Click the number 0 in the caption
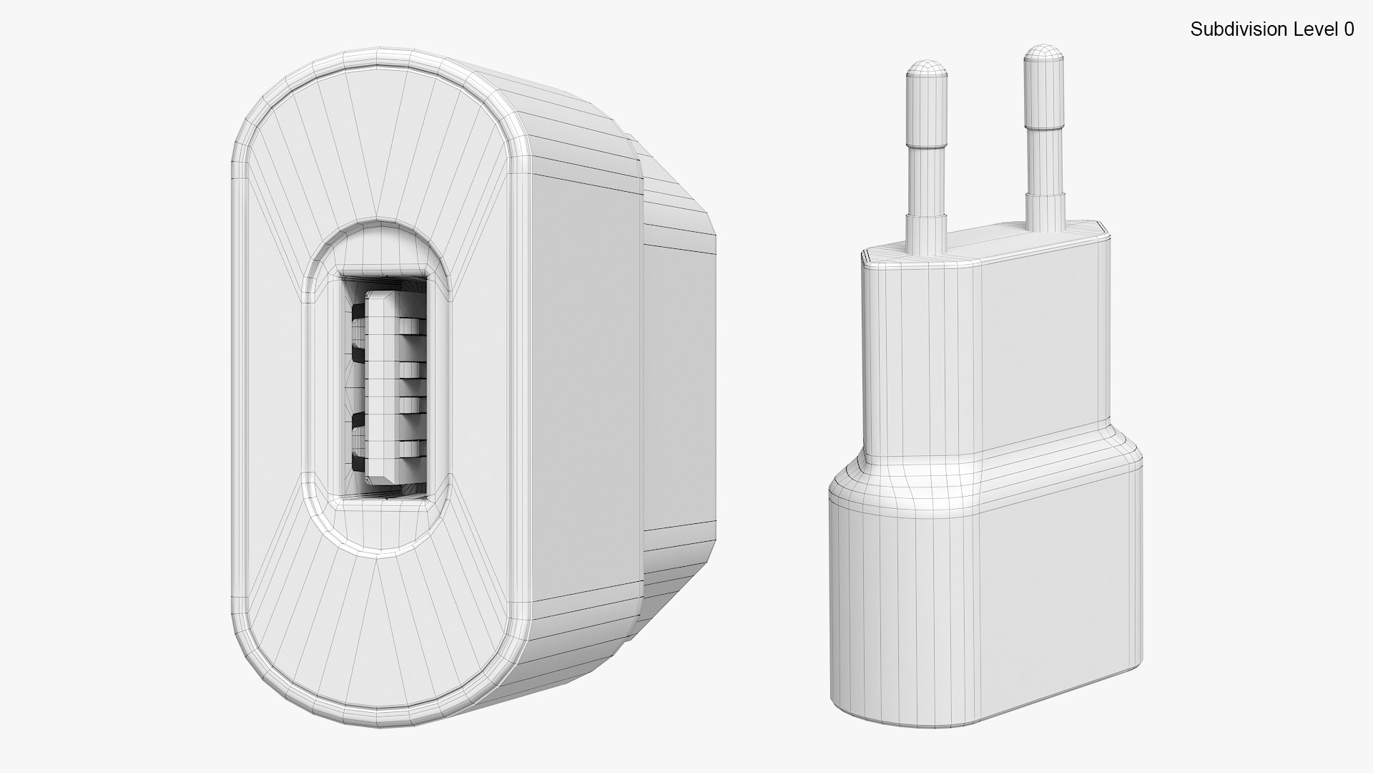click(1348, 29)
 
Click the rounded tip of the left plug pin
click(927, 69)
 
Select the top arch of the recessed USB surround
click(377, 233)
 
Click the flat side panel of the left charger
click(583, 386)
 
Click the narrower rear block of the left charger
click(679, 386)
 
